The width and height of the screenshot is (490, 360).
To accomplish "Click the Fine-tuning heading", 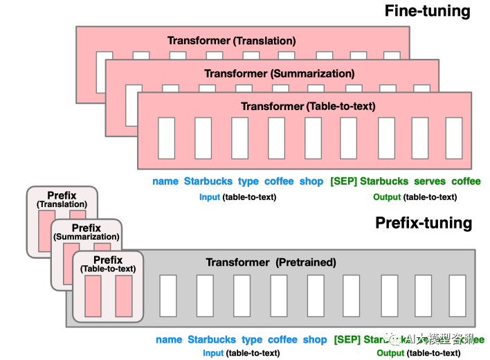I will click(x=427, y=11).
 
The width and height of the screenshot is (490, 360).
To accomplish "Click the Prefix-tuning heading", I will click(x=423, y=223).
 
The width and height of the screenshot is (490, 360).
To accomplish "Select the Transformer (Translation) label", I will click(x=231, y=41).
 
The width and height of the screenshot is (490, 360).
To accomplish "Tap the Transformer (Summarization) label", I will click(x=279, y=73).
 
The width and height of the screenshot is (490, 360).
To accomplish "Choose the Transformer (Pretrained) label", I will click(x=271, y=262).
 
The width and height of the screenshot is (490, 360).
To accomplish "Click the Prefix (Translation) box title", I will click(x=62, y=200).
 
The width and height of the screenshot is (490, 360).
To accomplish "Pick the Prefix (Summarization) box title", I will click(x=86, y=232).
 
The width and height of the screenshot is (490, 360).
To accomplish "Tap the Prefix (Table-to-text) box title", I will click(x=107, y=264).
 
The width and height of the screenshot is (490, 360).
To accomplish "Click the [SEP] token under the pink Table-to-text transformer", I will click(x=343, y=181).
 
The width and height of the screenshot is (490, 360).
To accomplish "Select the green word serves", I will click(x=430, y=181).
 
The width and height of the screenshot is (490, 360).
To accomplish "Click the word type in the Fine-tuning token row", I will click(x=248, y=181).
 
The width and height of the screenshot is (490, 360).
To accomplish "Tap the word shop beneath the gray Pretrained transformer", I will click(x=315, y=340).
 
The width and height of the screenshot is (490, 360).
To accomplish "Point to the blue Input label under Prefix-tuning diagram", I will click(x=213, y=353).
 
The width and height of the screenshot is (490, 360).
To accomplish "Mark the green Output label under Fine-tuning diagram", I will click(x=387, y=197).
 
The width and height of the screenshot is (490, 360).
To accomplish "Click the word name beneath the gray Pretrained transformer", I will click(x=169, y=340).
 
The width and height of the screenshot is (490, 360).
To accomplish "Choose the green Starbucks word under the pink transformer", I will click(x=384, y=181).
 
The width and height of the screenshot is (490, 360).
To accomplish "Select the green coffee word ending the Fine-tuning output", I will click(x=466, y=181).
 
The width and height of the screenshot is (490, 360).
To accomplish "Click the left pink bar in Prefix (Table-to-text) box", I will click(x=93, y=296).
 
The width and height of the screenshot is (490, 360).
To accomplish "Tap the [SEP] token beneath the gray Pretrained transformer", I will click(x=347, y=340).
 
